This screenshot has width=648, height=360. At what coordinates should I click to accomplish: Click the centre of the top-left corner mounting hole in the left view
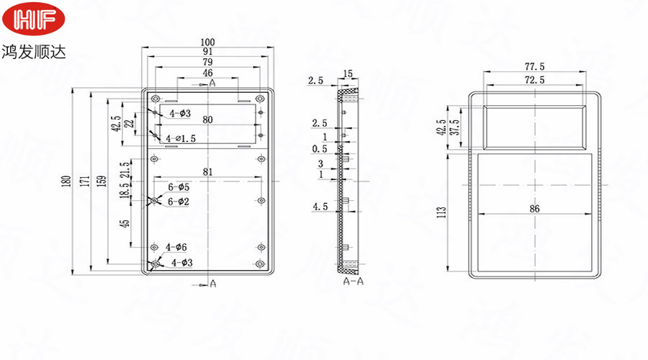pyautogui.click(x=156, y=99)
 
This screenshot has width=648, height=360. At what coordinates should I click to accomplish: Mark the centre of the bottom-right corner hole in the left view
pyautogui.click(x=260, y=264)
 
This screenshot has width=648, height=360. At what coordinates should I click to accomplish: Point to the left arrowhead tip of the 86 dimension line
pyautogui.click(x=478, y=214)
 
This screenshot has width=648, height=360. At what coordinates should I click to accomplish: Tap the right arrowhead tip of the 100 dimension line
pyautogui.click(x=274, y=48)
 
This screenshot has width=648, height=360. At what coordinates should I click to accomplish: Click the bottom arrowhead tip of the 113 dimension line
pyautogui.click(x=449, y=271)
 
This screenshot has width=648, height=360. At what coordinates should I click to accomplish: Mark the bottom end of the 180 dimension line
pyautogui.click(x=73, y=274)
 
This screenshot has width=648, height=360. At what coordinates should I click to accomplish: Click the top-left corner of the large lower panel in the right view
pyautogui.click(x=478, y=154)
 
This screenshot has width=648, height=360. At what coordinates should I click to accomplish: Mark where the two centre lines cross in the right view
pyautogui.click(x=535, y=185)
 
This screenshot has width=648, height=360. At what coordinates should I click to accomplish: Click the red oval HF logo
pyautogui.click(x=33, y=19)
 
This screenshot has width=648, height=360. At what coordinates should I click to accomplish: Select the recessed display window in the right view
pyautogui.click(x=534, y=127)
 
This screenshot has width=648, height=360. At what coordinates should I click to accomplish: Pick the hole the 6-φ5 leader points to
pyautogui.click(x=154, y=200)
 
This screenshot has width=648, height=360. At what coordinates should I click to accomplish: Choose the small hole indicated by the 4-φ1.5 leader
pyautogui.click(x=155, y=135)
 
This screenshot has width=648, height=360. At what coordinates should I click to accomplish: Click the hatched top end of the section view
pyautogui.click(x=348, y=95)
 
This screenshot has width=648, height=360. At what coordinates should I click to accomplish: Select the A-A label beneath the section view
pyautogui.click(x=354, y=282)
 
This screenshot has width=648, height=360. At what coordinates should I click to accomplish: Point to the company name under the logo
pyautogui.click(x=33, y=52)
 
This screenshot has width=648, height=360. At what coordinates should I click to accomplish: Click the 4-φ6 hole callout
pyautogui.click(x=176, y=247)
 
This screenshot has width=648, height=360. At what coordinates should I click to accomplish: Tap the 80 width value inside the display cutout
pyautogui.click(x=207, y=120)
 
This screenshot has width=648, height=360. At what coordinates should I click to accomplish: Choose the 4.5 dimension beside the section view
pyautogui.click(x=320, y=207)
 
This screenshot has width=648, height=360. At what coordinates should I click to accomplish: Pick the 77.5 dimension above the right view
pyautogui.click(x=535, y=66)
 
